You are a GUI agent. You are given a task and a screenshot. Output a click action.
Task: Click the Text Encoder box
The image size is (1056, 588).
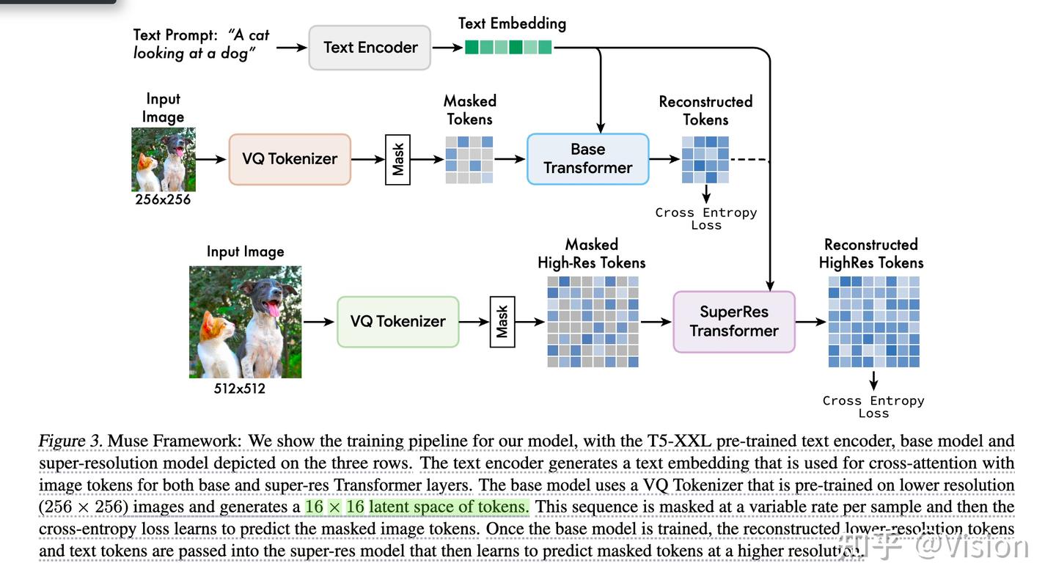370,48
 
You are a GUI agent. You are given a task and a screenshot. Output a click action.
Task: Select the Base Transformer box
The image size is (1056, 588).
587,158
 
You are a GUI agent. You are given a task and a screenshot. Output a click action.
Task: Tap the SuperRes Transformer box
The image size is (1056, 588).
733,322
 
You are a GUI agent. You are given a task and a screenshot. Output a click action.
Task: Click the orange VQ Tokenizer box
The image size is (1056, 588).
290,159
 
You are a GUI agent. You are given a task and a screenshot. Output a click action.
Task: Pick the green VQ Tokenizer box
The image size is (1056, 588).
397,322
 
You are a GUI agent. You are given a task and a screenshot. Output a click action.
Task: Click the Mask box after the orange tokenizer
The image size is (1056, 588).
397,159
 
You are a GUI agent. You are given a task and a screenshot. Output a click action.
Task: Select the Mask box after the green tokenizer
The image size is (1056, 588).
502,322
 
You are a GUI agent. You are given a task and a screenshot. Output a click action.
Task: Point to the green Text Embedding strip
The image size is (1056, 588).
508,48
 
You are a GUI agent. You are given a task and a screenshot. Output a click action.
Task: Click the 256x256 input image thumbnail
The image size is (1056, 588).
163,159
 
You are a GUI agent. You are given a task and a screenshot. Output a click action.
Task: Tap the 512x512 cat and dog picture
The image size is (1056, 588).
245,322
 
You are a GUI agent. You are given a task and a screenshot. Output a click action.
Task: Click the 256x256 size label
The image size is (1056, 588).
163,199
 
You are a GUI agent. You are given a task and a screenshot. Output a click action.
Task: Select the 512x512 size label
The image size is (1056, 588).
240,389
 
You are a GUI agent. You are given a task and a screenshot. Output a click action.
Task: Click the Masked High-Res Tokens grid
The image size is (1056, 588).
593,321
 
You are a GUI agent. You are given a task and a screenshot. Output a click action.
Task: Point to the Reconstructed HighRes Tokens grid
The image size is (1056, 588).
873,321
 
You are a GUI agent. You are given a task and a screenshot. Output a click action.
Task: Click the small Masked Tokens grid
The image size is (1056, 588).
469,159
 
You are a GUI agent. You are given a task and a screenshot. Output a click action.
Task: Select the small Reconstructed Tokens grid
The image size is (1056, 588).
705,159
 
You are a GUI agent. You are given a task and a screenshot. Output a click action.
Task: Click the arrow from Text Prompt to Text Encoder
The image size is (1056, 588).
291,48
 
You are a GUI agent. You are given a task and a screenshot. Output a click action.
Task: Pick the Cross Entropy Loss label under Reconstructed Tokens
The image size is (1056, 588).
706,218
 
